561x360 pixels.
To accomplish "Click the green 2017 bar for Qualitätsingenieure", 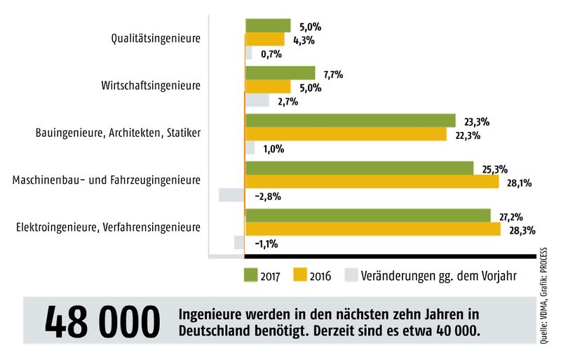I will tap(268, 26).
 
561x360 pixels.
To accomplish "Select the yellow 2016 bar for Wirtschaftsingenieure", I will tap(268, 87).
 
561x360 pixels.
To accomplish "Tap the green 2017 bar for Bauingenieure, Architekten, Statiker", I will tap(350, 121).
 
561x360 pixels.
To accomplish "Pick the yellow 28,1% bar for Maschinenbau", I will tap(372, 182).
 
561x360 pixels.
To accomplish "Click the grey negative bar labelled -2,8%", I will tap(231, 195).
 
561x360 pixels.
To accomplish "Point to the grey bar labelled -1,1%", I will tap(239, 243).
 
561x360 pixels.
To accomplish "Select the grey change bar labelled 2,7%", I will tap(257, 101).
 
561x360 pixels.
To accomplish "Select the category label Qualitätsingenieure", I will tap(156, 39).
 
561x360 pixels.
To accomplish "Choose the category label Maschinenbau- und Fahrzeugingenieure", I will tap(107, 180).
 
